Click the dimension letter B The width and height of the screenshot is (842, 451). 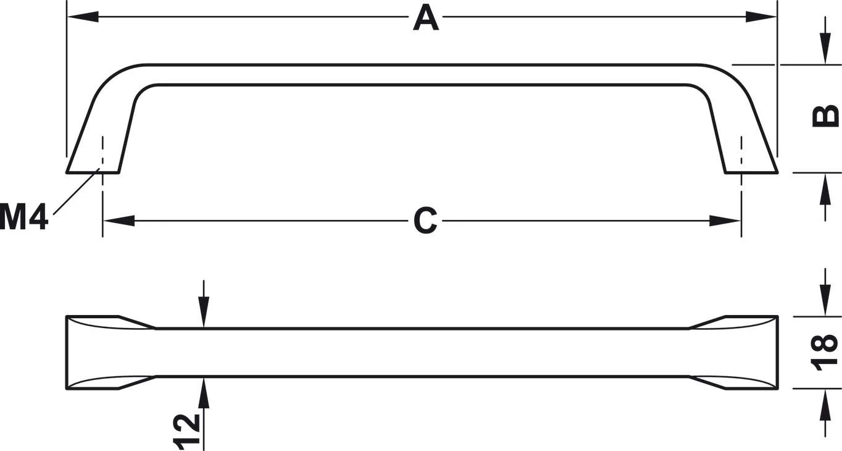(825, 116)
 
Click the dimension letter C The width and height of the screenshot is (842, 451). (425, 221)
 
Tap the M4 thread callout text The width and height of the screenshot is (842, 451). (23, 216)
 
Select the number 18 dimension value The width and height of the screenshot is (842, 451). (825, 352)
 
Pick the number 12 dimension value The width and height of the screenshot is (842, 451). (186, 432)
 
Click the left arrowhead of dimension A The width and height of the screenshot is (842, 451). (83, 17)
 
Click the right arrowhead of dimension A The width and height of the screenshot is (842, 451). (761, 17)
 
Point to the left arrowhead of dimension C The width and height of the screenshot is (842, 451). (119, 221)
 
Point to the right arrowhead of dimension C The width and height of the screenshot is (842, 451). (725, 221)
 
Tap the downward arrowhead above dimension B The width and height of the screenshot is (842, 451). (825, 49)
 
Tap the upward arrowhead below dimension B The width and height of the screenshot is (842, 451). (825, 189)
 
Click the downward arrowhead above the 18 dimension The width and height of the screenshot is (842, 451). (825, 300)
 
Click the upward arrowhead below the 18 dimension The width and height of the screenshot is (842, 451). (825, 406)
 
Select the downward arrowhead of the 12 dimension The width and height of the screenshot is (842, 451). (203, 312)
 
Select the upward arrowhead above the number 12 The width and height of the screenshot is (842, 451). (203, 392)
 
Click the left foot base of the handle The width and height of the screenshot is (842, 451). (93, 173)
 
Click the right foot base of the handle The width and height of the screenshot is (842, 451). (751, 173)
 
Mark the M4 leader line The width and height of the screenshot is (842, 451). (77, 192)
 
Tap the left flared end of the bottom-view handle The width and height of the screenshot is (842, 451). (111, 352)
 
